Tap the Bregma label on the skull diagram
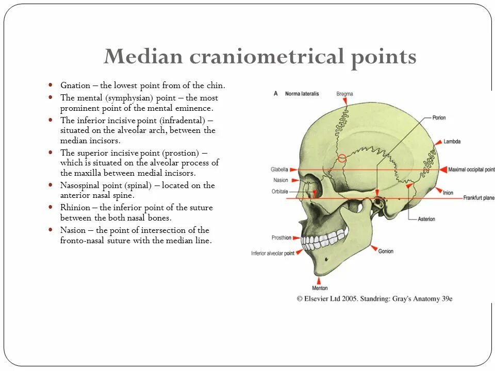[x=344, y=94]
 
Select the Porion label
[x=439, y=118]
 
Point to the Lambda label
[x=452, y=141]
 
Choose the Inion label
[x=448, y=193]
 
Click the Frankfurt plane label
[x=479, y=198]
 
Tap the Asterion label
[x=426, y=219]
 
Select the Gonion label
[x=386, y=251]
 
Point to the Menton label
[x=320, y=288]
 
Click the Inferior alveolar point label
[x=273, y=253]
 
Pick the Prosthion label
[x=282, y=238]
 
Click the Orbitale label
[x=279, y=191]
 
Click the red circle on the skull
[x=342, y=158]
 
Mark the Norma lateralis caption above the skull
[x=302, y=94]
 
